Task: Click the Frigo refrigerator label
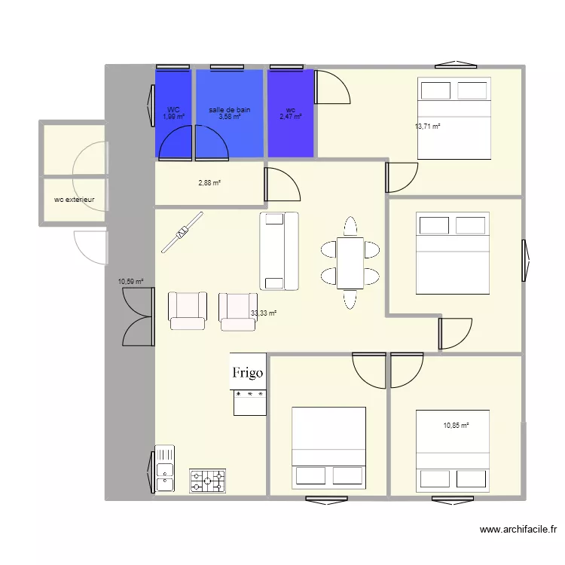pyautogui.click(x=248, y=372)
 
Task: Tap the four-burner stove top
pyautogui.click(x=207, y=480)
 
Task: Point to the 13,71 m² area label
pyautogui.click(x=427, y=126)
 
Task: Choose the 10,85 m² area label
pyautogui.click(x=456, y=426)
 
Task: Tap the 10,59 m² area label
pyautogui.click(x=130, y=282)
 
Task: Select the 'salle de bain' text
pyautogui.click(x=230, y=110)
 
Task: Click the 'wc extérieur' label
pyautogui.click(x=75, y=200)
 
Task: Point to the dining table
pyautogui.click(x=350, y=263)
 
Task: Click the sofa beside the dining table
pyautogui.click(x=279, y=251)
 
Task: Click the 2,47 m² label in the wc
pyautogui.click(x=290, y=117)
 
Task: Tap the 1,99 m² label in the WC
pyautogui.click(x=174, y=117)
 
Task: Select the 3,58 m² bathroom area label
pyautogui.click(x=230, y=117)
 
